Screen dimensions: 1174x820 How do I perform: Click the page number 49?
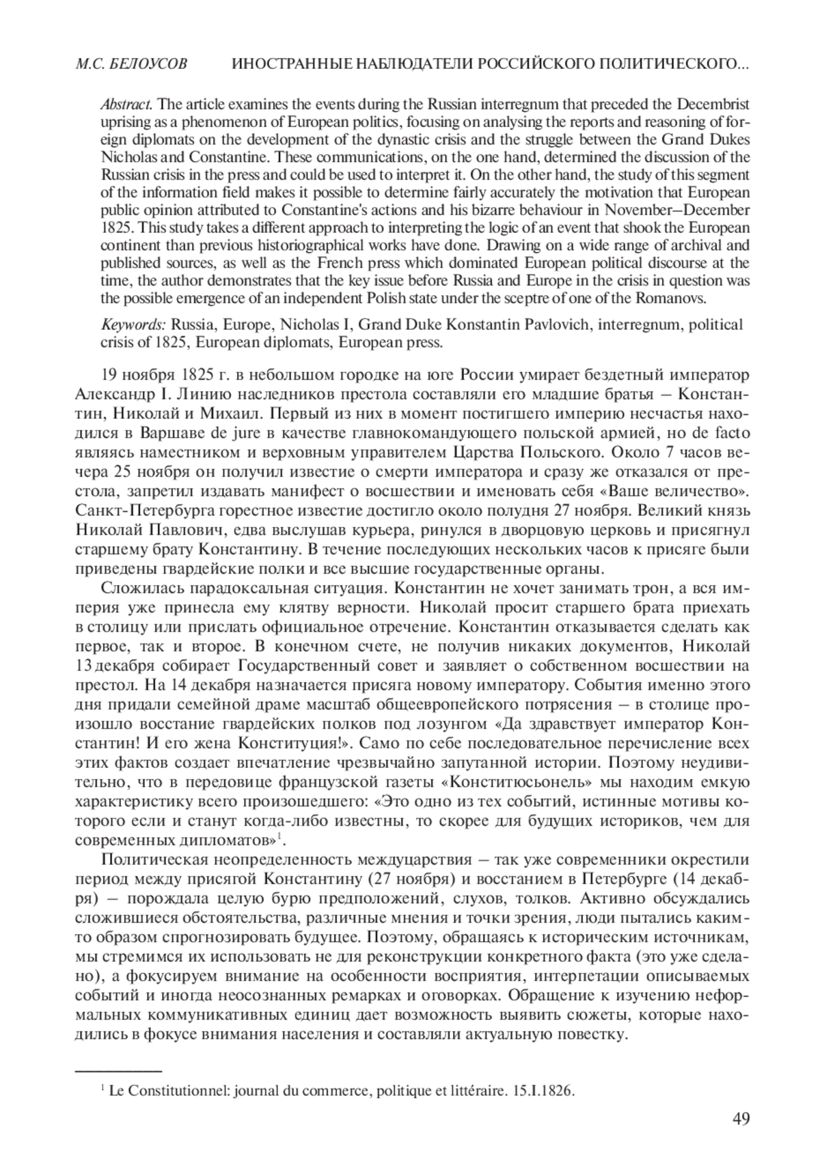[x=741, y=1138]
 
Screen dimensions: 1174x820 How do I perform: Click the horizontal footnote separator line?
[x=118, y=1072]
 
